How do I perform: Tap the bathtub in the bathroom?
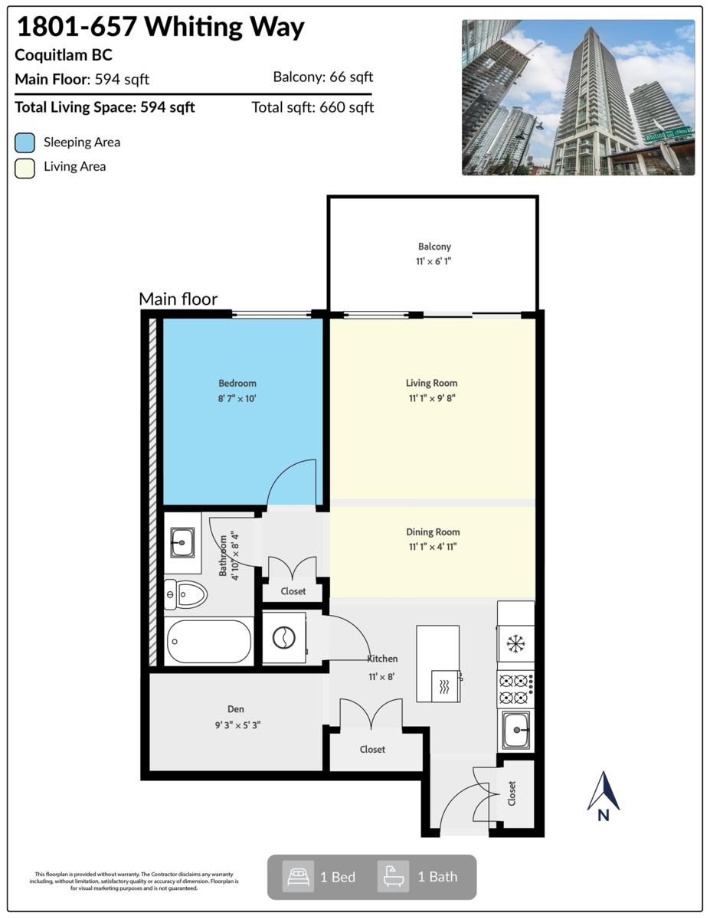click(x=208, y=641)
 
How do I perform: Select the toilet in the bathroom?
click(x=186, y=594)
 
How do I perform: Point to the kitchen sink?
click(x=515, y=730)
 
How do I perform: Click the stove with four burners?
click(x=515, y=688)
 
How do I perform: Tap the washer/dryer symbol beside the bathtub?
click(x=284, y=637)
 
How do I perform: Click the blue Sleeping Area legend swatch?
click(x=25, y=142)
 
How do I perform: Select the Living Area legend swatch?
click(x=25, y=167)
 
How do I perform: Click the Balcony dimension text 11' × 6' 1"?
click(x=434, y=261)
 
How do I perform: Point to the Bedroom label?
click(x=237, y=383)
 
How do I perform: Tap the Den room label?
click(x=235, y=709)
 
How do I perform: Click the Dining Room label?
click(x=433, y=531)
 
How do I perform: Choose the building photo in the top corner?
click(x=577, y=97)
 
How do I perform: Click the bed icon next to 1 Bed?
click(x=297, y=877)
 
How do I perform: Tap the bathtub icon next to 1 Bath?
click(x=393, y=877)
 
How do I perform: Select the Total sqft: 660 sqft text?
click(x=312, y=107)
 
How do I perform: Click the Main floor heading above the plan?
click(x=178, y=299)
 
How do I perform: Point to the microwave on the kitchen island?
click(x=447, y=685)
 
